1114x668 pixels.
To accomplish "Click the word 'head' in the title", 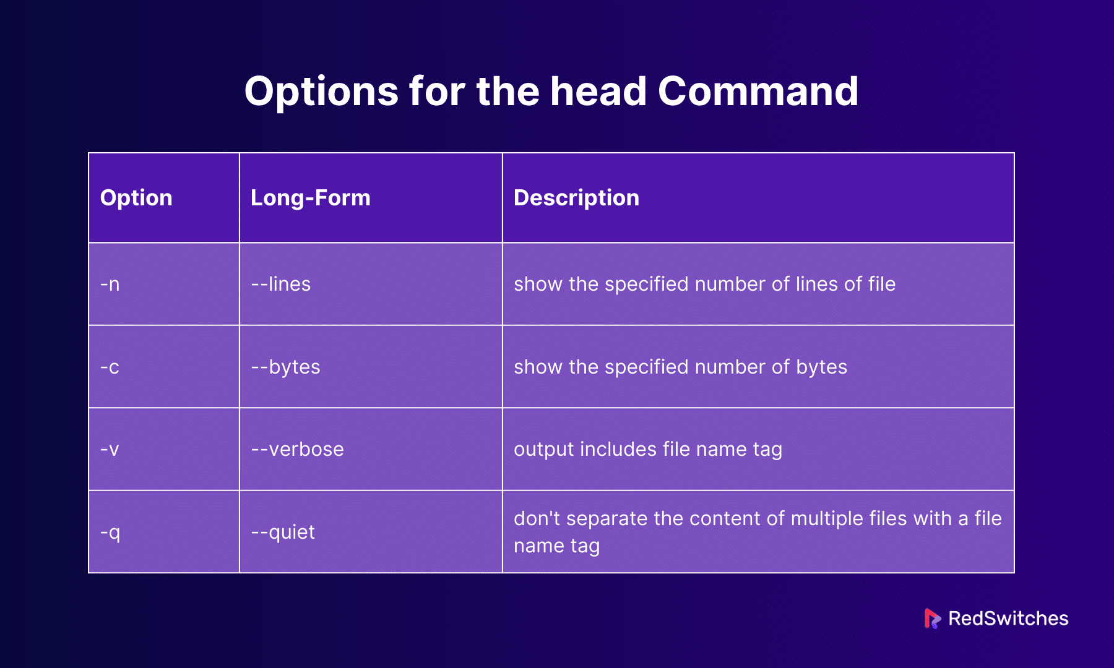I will tap(598, 92).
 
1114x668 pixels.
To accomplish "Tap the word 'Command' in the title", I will tap(758, 92).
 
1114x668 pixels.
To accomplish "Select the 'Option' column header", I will tap(136, 198).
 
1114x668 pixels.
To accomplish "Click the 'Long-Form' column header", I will tap(310, 198).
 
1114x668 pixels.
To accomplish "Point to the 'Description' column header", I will tap(576, 198).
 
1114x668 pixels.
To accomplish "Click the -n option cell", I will tap(110, 285).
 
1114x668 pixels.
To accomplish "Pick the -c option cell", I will tap(110, 367).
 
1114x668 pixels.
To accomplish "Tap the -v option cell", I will tap(110, 450).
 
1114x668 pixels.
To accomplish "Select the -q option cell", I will tap(110, 533).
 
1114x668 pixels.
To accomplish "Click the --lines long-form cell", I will tap(280, 285).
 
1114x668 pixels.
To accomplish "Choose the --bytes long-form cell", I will tap(285, 367).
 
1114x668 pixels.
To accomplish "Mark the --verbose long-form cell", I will tap(297, 450).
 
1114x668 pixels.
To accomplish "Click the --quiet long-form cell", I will tap(283, 533).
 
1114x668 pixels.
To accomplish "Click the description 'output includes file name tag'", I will tap(647, 450).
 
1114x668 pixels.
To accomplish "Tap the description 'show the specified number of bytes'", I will tap(680, 367).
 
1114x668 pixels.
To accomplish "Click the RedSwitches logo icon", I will tap(931, 619).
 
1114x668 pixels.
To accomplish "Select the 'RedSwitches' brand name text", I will tap(1008, 619).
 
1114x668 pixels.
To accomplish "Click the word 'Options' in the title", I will tap(321, 92).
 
